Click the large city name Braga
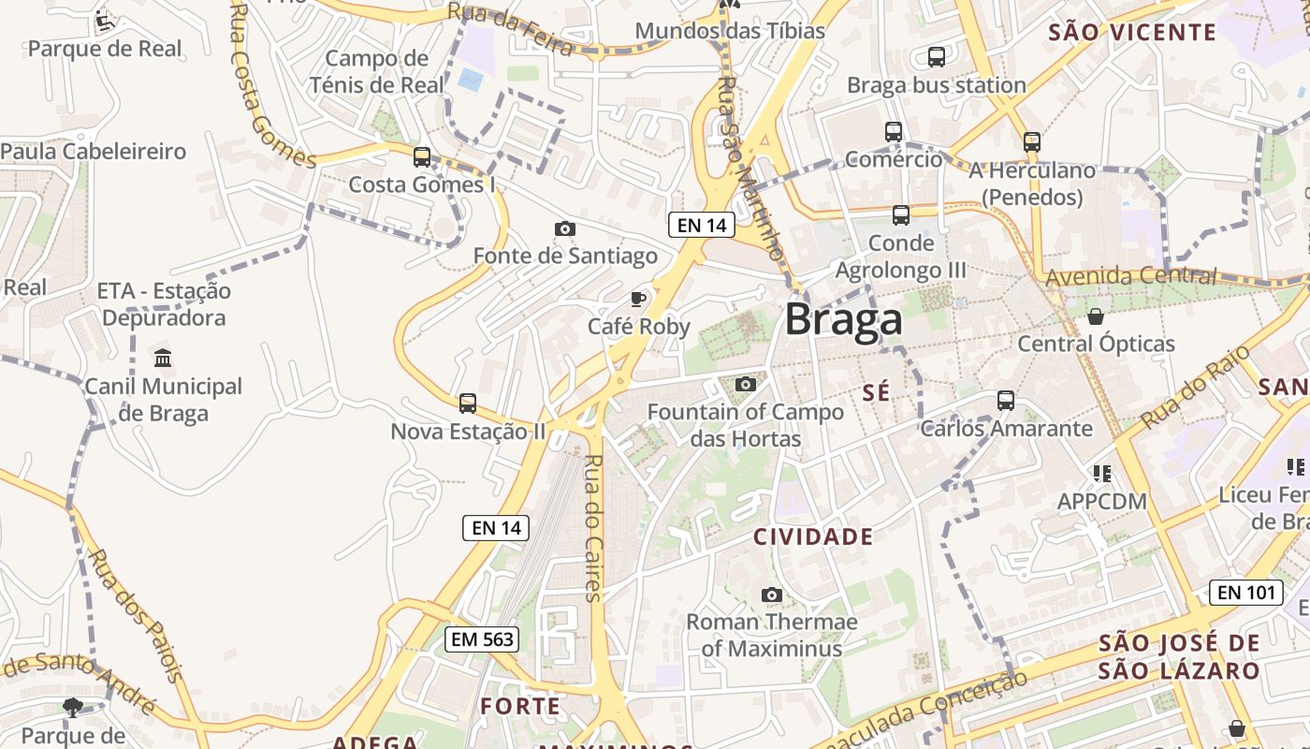click(x=843, y=320)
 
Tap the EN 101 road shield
click(x=1247, y=592)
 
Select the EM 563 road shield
click(x=481, y=639)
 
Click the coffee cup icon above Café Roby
click(x=638, y=300)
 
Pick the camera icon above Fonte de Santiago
click(x=564, y=228)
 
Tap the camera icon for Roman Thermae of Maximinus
click(x=772, y=595)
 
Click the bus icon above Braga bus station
click(x=936, y=57)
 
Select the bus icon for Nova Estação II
click(x=468, y=404)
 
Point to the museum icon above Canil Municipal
click(x=164, y=358)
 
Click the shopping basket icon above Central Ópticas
click(x=1096, y=316)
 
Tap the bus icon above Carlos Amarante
click(x=1006, y=400)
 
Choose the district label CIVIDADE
click(x=813, y=536)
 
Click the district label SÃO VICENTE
click(x=1132, y=33)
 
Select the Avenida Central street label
click(x=1131, y=276)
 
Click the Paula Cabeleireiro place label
click(x=94, y=151)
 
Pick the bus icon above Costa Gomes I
click(x=422, y=156)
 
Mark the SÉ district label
click(x=876, y=393)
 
